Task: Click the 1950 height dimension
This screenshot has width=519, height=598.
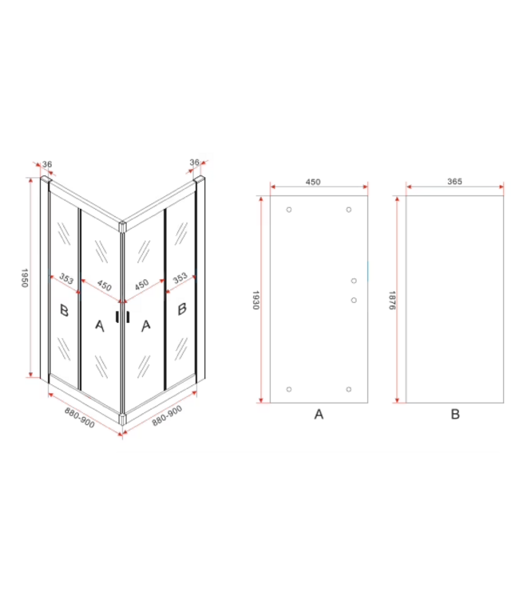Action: (x=25, y=280)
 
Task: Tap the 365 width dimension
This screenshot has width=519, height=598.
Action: (x=454, y=182)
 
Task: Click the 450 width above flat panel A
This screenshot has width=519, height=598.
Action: (x=313, y=182)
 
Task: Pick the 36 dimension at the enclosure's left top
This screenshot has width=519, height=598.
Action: (x=47, y=164)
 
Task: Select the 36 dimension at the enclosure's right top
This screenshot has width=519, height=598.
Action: (x=194, y=163)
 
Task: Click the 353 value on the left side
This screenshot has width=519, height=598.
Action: (x=66, y=279)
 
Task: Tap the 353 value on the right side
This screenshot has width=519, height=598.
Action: (x=180, y=277)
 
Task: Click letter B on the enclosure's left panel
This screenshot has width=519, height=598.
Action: (x=64, y=309)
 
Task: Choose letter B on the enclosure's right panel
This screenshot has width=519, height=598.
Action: (x=182, y=308)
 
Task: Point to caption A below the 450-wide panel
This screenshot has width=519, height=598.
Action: (x=319, y=414)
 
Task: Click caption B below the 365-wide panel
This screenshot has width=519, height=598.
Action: (x=455, y=414)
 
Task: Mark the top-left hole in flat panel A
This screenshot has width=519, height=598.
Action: (x=289, y=210)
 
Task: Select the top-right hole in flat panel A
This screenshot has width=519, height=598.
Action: (x=349, y=210)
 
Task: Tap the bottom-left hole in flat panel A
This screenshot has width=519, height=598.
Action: (x=289, y=389)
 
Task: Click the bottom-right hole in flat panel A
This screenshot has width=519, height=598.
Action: (x=349, y=389)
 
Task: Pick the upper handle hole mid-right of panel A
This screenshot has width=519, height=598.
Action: (x=354, y=281)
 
